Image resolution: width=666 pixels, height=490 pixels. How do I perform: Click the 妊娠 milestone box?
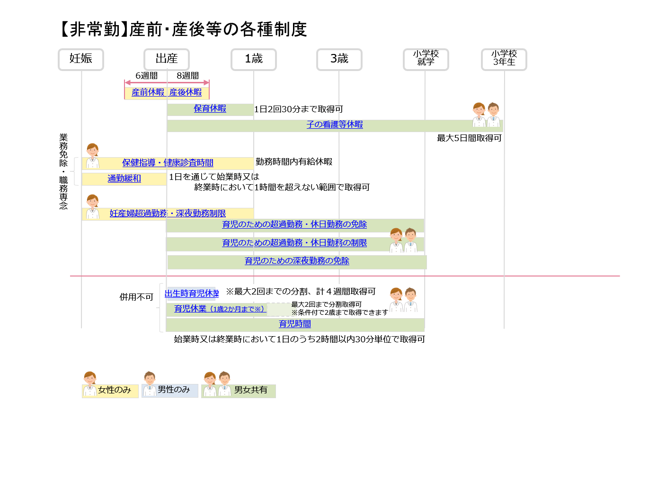click(81, 60)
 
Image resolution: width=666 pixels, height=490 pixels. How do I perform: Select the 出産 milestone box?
click(167, 60)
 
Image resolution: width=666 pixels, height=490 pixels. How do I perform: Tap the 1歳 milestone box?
click(254, 60)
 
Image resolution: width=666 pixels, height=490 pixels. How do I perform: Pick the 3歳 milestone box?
click(339, 60)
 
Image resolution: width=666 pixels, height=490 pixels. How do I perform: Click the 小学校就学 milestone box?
click(426, 60)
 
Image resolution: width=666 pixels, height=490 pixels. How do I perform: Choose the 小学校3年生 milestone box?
click(504, 60)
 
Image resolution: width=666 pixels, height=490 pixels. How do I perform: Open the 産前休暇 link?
click(148, 92)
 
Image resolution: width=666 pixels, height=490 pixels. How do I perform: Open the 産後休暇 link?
click(185, 92)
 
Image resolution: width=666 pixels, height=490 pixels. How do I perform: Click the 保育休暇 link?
click(210, 108)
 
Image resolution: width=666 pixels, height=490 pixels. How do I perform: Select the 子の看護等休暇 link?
click(335, 125)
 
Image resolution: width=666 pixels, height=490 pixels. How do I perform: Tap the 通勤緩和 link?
click(124, 178)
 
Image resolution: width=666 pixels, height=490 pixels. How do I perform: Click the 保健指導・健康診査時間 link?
click(168, 163)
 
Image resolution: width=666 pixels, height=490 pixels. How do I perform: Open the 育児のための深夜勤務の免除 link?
click(297, 261)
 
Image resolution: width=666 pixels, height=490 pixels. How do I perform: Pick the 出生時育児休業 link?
click(192, 294)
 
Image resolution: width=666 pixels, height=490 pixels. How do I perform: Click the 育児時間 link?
click(294, 324)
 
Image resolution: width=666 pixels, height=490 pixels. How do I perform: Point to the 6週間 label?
click(147, 76)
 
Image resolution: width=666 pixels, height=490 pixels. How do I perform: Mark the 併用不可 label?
click(136, 297)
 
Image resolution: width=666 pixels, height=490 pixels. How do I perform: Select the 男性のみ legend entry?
click(170, 385)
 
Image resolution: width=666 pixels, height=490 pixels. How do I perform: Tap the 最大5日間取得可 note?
click(469, 138)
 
